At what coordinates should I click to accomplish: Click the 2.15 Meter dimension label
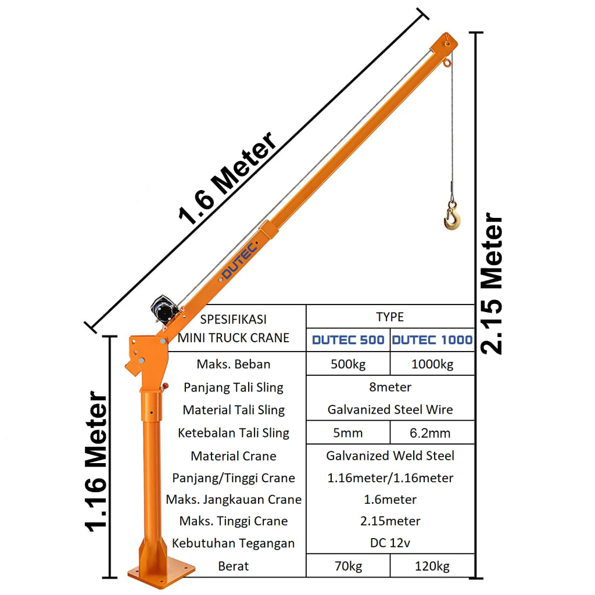point(492,284)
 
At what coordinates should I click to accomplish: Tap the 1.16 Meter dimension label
point(96,462)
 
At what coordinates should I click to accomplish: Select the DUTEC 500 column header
point(348,340)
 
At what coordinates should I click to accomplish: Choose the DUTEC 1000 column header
point(432,340)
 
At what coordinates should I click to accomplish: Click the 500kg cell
point(348,364)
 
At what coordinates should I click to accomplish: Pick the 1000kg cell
point(432,364)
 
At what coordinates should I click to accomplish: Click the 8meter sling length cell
point(390,387)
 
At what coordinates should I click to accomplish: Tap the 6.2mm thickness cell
point(432,433)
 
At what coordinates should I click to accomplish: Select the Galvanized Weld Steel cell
point(390,456)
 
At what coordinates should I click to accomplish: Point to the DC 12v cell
point(390,543)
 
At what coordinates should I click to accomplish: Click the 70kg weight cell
point(348,566)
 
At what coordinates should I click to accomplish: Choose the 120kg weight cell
point(432,566)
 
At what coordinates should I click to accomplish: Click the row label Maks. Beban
point(234,364)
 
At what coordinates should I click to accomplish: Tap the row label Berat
point(234,566)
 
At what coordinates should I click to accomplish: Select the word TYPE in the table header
point(390,317)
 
